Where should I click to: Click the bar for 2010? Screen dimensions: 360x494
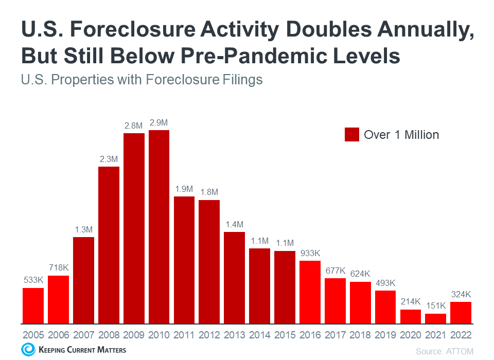point(159,227)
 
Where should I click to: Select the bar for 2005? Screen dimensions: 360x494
point(33,305)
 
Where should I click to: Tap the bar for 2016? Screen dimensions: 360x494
point(310,292)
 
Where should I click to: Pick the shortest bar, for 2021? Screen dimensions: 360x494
point(436,318)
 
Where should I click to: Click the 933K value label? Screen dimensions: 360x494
point(310,254)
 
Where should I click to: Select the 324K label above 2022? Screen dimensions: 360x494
point(461,295)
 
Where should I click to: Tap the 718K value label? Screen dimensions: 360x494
point(58,268)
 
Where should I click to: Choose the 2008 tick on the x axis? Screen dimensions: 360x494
point(109,334)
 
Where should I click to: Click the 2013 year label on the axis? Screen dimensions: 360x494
point(235,334)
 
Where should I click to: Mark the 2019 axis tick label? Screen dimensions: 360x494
point(385,334)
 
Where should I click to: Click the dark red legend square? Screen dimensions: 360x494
point(351,135)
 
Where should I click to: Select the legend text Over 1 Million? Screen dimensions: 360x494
point(401,135)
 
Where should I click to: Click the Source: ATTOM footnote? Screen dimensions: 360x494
point(444,351)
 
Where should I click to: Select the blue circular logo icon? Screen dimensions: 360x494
point(27,350)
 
